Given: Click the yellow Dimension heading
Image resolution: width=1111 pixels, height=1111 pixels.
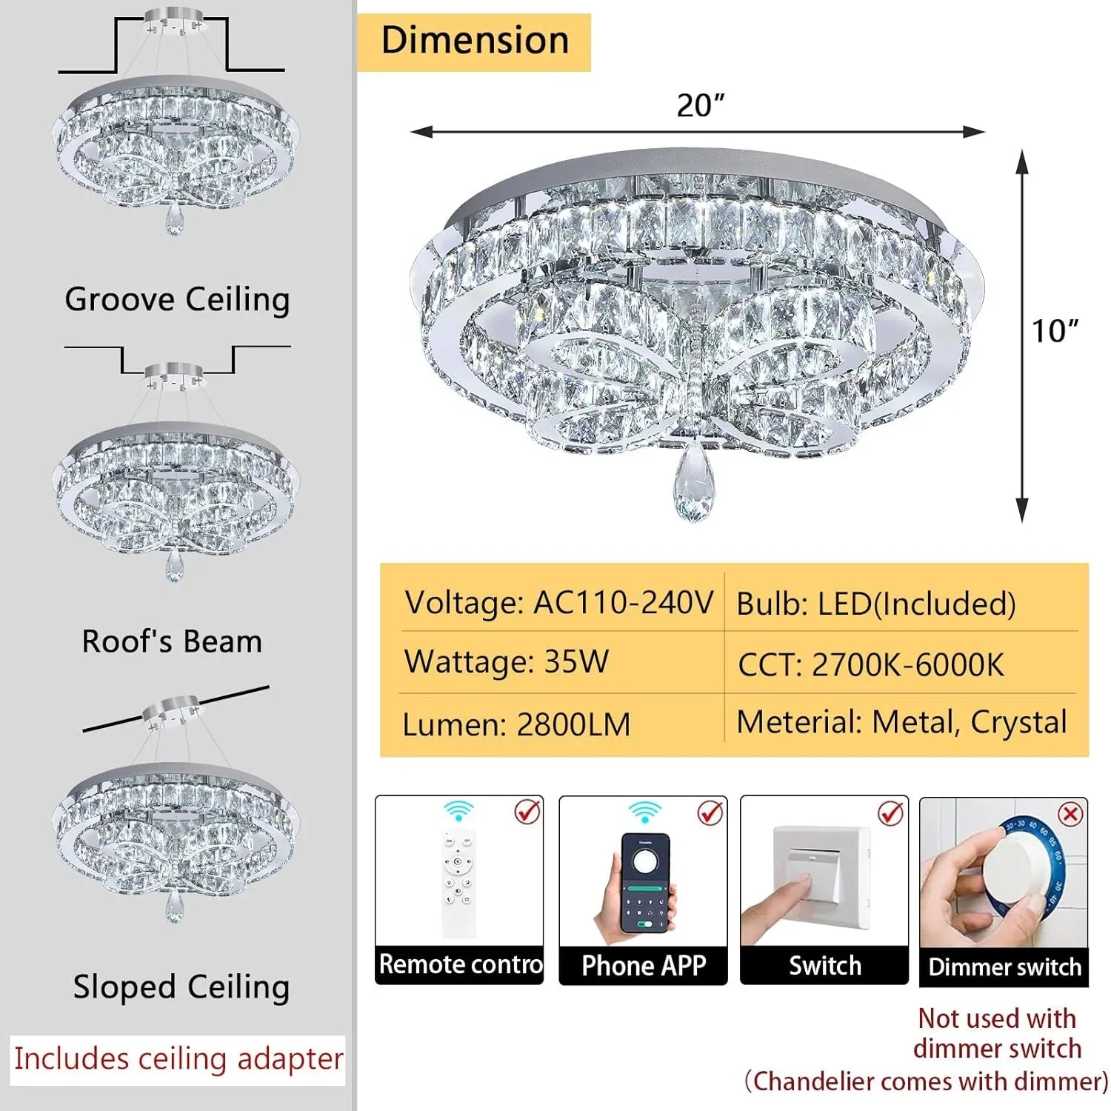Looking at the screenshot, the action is click(x=474, y=41).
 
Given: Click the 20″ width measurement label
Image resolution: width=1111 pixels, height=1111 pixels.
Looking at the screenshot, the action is click(x=700, y=105).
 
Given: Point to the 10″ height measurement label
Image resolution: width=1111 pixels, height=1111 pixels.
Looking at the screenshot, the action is click(x=1055, y=331).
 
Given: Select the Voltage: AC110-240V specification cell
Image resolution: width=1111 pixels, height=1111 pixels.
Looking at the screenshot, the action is click(x=559, y=602).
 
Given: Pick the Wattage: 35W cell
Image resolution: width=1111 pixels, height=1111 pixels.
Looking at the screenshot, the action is click(x=507, y=661).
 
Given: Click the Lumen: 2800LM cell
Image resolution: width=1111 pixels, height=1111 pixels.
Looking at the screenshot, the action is click(x=516, y=724).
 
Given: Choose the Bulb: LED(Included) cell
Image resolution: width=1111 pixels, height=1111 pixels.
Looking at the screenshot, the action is click(x=876, y=604).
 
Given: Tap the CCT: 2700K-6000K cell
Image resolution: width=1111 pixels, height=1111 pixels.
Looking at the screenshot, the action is click(x=871, y=664).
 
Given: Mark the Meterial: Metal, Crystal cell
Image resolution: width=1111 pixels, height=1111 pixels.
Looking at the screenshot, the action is click(x=902, y=722).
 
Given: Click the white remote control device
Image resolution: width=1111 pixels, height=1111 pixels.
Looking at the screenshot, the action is click(x=459, y=885).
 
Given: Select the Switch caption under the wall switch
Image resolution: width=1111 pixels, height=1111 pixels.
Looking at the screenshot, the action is click(x=825, y=966).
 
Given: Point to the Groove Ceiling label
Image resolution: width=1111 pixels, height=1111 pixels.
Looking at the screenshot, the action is click(x=177, y=300).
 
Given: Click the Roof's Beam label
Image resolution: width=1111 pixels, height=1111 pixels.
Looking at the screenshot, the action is click(x=172, y=641).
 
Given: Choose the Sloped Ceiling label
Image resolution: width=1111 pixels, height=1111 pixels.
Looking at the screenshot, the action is click(x=181, y=987).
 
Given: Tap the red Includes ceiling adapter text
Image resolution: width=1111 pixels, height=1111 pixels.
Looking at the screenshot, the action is click(x=179, y=1059).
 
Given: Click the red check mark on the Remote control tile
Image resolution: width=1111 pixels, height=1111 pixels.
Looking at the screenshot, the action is click(x=527, y=812).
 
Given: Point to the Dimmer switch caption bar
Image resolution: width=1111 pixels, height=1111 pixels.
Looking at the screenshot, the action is click(x=1004, y=967).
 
